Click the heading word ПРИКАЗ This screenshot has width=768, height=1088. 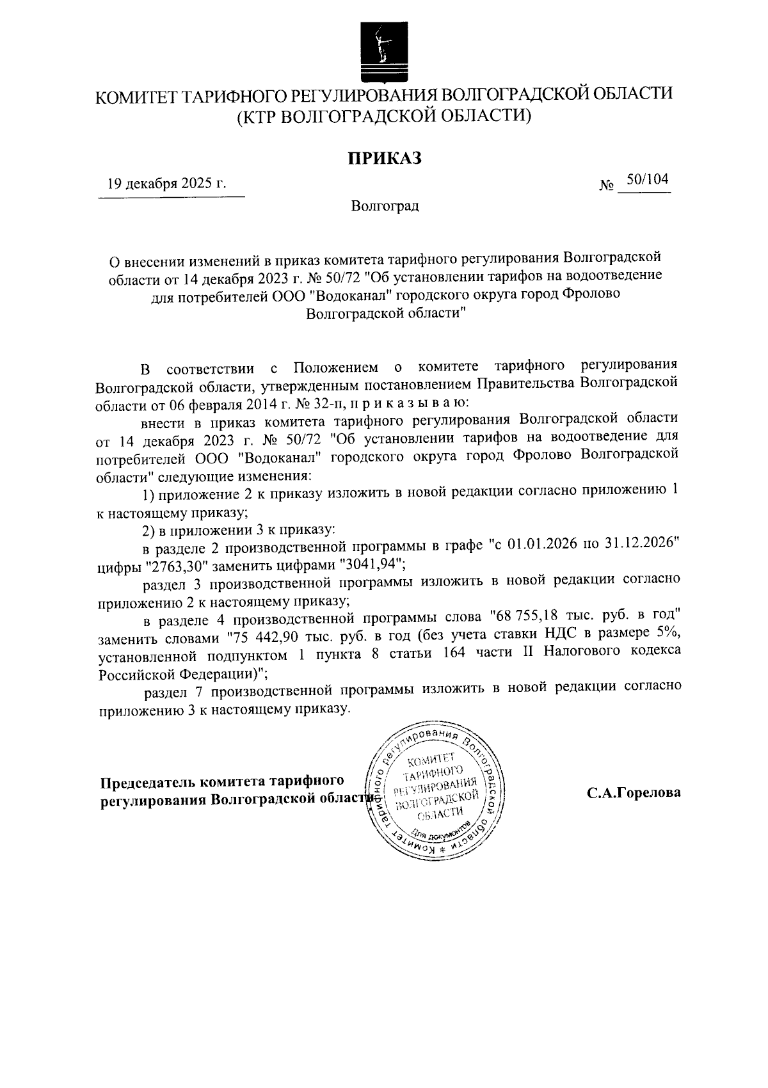point(385,157)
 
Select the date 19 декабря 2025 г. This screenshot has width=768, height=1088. point(167,184)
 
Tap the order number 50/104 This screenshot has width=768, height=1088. point(647,180)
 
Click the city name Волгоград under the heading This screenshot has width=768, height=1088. point(385,206)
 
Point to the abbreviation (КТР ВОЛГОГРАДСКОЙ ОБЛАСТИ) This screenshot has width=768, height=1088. point(384,116)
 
